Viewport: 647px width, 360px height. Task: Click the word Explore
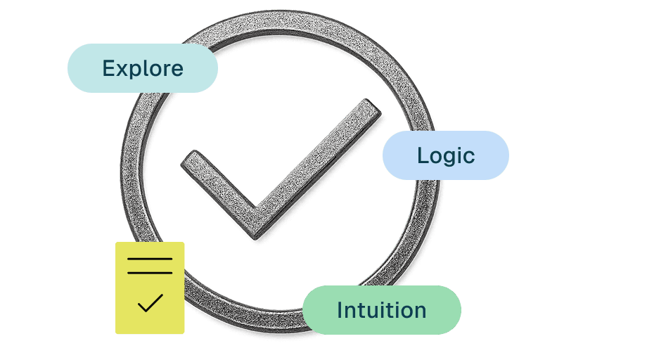click(x=143, y=68)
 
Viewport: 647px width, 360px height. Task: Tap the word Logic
click(x=446, y=155)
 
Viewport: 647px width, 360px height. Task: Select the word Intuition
click(x=381, y=310)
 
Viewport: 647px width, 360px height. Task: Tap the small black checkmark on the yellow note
click(x=150, y=302)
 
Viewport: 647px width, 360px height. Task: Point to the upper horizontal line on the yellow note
click(x=150, y=259)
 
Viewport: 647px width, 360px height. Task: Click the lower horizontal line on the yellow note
click(x=150, y=272)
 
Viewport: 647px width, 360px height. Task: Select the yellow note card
click(x=150, y=288)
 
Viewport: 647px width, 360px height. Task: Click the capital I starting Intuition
click(x=340, y=310)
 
